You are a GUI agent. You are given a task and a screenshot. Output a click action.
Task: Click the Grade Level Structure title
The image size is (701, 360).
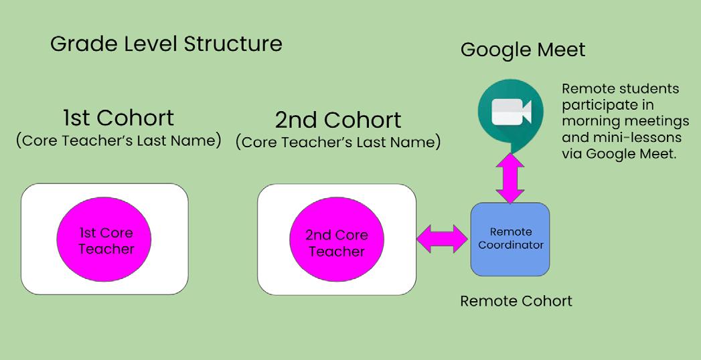point(166,45)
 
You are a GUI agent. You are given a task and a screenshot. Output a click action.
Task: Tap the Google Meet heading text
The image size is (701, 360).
point(522,50)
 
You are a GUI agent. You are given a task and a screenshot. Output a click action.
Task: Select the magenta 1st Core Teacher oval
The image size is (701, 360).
point(106,240)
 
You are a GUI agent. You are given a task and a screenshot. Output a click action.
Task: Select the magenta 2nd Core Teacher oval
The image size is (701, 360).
point(336,243)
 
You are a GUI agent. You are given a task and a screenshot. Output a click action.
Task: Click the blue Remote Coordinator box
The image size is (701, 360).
point(510,239)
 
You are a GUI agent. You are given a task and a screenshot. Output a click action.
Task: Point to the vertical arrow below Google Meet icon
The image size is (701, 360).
point(510,177)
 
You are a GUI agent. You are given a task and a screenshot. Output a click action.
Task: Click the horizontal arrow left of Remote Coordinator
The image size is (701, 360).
point(443,239)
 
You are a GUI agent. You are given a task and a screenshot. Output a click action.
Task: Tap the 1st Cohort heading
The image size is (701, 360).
point(119,118)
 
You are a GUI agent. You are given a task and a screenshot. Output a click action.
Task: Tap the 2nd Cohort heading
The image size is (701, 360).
point(338,120)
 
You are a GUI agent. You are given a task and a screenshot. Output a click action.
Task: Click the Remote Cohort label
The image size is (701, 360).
point(516,301)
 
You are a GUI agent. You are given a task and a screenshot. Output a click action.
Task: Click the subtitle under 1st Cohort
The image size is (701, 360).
point(119,141)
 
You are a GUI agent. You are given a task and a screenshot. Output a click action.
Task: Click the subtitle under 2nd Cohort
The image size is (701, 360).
point(338,142)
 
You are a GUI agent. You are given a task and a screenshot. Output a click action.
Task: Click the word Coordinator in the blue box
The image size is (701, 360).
point(511,245)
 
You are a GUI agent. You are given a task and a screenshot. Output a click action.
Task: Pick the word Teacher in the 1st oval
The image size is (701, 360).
point(106,249)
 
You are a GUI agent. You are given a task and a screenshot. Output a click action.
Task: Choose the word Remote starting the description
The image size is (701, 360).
point(584,89)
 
